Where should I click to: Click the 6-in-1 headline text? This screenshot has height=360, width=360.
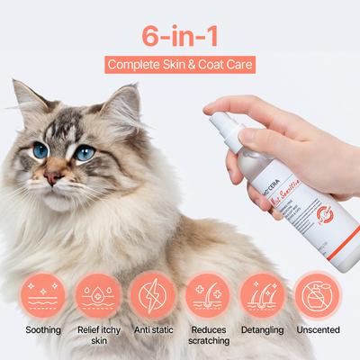pos(179,35)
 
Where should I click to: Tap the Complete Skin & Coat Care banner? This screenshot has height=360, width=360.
pos(179,65)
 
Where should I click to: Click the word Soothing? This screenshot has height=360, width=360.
pos(43,330)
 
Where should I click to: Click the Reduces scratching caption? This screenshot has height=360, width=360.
pos(208,336)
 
